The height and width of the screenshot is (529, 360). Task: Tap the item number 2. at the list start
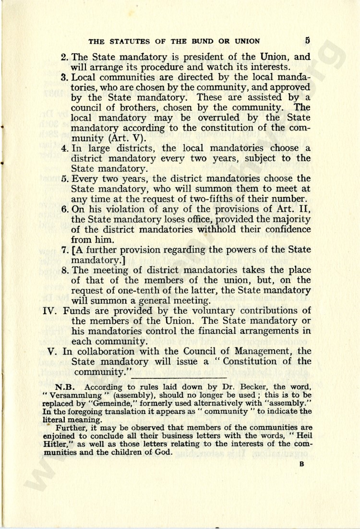(66, 56)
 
